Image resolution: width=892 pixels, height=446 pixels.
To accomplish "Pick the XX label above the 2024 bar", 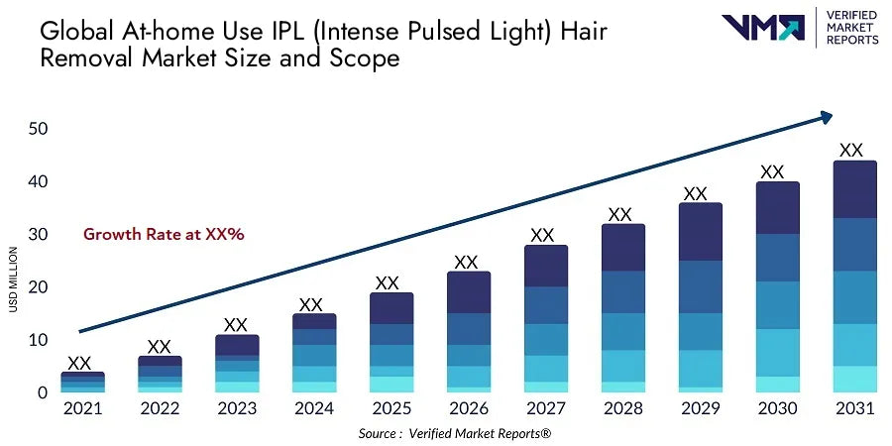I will pyautogui.click(x=311, y=304).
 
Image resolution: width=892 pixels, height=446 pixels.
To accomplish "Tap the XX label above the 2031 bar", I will pyautogui.click(x=850, y=151).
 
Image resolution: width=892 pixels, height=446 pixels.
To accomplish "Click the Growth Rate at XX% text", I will pyautogui.click(x=164, y=235).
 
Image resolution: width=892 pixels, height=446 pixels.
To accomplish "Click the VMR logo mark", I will pyautogui.click(x=762, y=27).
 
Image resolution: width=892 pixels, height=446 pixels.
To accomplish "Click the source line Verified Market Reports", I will pyautogui.click(x=455, y=434).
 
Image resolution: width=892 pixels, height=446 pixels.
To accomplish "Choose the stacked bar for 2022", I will pyautogui.click(x=159, y=375).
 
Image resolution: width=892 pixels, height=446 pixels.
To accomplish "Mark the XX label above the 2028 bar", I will pyautogui.click(x=619, y=214).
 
